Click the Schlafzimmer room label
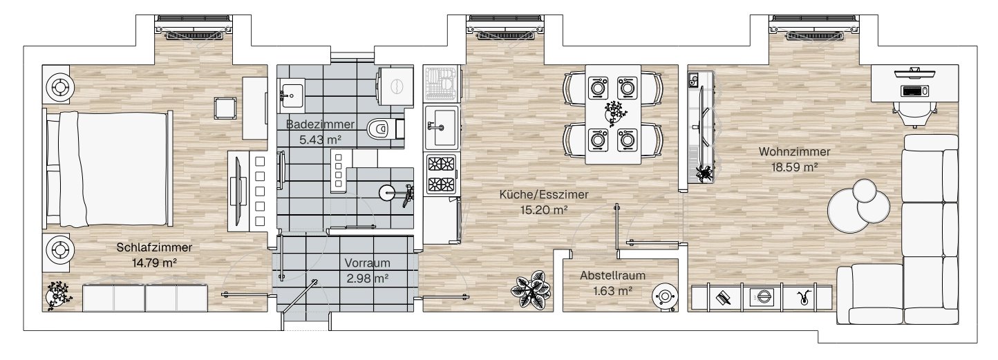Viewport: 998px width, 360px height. tap(154, 247)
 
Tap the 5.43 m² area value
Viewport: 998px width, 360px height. tap(320, 140)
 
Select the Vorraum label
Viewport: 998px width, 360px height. tap(367, 263)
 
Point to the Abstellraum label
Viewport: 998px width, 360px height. tap(612, 276)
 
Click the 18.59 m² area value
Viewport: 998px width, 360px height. tap(794, 167)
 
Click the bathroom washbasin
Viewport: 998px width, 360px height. tap(292, 94)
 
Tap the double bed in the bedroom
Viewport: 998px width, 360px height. tap(107, 169)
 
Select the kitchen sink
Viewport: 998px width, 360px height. tap(441, 127)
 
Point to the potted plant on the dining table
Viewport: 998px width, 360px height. tap(614, 113)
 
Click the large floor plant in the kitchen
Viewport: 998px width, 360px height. tap(531, 290)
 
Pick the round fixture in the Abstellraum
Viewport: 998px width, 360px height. tap(665, 296)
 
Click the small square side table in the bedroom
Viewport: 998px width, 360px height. tap(225, 108)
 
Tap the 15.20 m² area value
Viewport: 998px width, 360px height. tap(544, 210)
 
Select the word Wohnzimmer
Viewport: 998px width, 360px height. tap(794, 152)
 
